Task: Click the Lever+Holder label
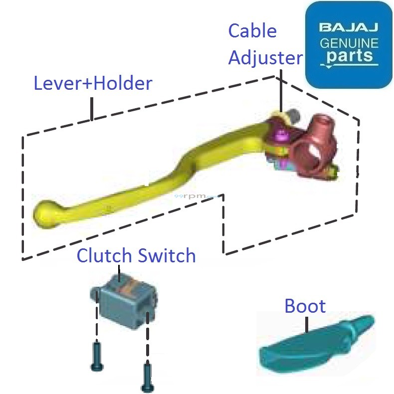(93, 83)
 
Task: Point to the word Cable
(252, 31)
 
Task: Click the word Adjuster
(265, 58)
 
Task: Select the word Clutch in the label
(104, 256)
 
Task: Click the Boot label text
(305, 306)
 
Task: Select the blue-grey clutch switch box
(124, 302)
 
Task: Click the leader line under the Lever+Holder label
(92, 108)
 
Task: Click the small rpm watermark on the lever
(195, 197)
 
